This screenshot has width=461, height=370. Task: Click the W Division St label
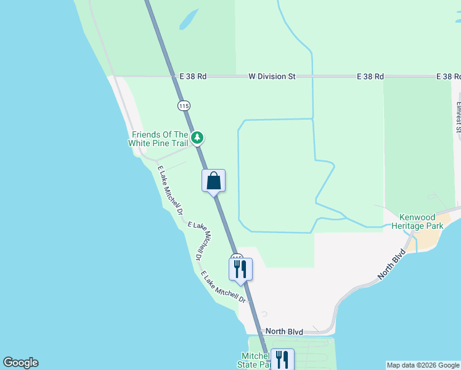point(272,76)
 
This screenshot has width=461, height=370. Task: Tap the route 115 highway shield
point(183,105)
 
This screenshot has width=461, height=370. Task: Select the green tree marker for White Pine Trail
point(197,138)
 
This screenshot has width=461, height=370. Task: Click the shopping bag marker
point(214,181)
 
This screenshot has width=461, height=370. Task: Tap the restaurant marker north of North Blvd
point(240,268)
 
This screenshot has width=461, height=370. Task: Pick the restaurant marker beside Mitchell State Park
point(282,359)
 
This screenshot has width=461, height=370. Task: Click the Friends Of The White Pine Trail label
point(158,139)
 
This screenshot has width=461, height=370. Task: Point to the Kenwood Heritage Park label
point(422,221)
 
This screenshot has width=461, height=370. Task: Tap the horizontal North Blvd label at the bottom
point(285,332)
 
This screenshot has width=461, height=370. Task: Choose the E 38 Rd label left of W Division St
point(192,76)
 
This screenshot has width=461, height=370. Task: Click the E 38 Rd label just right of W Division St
point(370,76)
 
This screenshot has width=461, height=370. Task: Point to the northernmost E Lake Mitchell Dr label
point(171,191)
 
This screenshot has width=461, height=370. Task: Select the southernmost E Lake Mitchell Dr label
point(223,288)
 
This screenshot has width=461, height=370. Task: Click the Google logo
point(20,363)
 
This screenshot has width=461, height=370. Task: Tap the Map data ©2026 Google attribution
point(423,365)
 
